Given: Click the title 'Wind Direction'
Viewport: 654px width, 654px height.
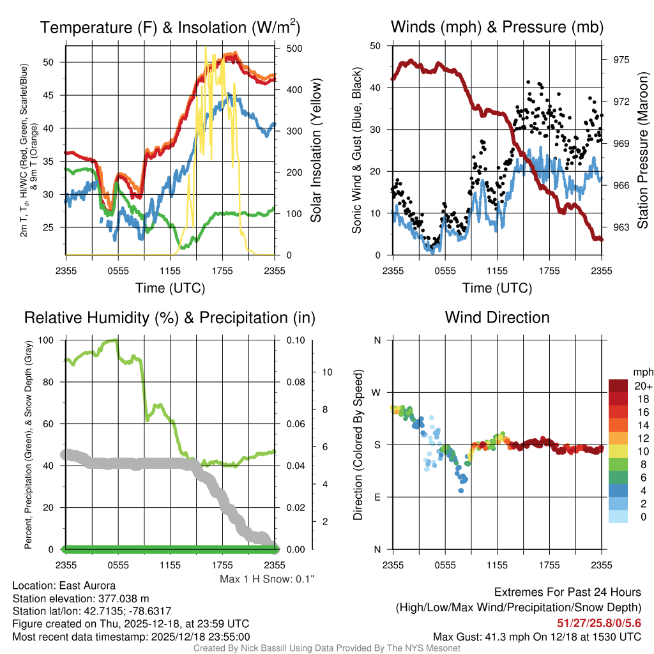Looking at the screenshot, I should [x=497, y=317].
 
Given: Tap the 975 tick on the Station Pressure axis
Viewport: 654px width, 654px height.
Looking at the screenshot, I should [x=621, y=59].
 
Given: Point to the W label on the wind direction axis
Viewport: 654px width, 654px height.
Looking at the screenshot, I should [x=377, y=392].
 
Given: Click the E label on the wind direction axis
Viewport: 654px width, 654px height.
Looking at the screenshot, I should [x=377, y=497].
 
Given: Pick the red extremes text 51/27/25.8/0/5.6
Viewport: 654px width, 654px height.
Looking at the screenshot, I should [x=598, y=623].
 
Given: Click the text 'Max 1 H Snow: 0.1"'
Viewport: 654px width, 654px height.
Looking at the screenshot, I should [x=267, y=579].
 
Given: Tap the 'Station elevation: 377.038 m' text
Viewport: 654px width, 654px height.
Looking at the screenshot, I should [x=80, y=598].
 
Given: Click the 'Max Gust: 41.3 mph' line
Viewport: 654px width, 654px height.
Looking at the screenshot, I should [x=536, y=637].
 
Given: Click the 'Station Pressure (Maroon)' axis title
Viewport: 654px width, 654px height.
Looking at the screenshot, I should [x=643, y=151].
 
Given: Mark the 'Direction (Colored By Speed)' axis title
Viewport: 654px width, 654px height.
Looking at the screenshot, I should [x=358, y=445].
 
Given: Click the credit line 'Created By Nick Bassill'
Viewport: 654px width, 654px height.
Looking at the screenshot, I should [x=327, y=648].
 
